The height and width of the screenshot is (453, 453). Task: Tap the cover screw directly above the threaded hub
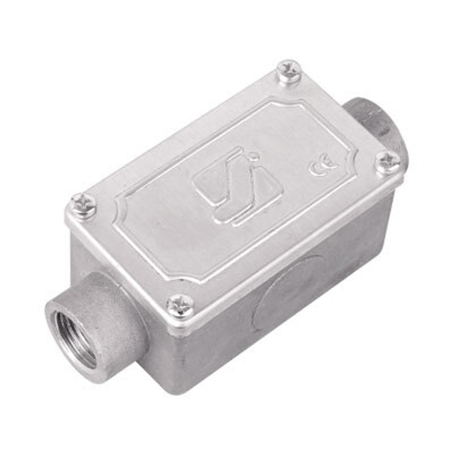coord(83,206)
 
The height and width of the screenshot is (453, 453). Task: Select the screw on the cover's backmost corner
coord(289,72)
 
